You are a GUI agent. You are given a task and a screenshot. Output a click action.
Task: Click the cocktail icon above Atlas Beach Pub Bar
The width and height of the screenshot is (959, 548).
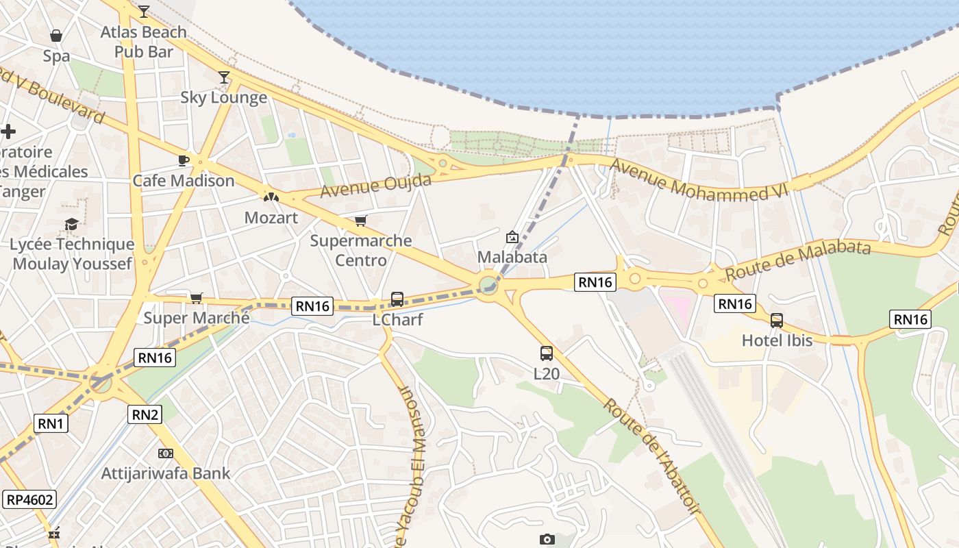143,11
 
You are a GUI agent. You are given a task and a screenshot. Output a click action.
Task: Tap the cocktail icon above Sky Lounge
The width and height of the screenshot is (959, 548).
224,77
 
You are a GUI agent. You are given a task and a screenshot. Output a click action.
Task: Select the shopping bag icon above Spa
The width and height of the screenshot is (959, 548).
56,35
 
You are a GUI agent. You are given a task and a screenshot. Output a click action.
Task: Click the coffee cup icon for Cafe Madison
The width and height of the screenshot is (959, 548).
184,160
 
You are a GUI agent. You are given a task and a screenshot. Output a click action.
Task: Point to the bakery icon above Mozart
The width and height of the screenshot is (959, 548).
271,197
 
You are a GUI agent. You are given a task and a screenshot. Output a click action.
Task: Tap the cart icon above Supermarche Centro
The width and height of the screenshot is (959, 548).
360,221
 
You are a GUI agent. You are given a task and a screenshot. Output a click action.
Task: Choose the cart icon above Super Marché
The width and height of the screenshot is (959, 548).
197,298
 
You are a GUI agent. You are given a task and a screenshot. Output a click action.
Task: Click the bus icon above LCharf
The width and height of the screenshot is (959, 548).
397,299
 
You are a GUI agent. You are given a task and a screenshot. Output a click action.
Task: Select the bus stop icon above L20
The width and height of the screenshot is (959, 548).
546,353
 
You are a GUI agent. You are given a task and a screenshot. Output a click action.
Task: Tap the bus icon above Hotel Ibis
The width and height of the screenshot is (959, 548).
777,320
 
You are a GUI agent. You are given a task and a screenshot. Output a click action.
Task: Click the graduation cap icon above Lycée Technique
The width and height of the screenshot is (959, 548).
71,224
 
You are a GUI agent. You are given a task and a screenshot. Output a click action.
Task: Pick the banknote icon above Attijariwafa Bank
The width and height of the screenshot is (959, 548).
165,453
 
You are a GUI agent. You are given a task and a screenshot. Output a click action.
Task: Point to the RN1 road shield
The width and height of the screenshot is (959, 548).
51,423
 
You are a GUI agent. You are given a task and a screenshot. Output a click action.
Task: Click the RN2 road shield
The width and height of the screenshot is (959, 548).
145,414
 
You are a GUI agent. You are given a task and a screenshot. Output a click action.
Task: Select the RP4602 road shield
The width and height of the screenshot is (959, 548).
29,499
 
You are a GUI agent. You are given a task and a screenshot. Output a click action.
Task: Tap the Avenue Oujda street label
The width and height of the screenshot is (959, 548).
375,185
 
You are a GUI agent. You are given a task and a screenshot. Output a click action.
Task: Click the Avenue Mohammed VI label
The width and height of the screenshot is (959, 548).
699,180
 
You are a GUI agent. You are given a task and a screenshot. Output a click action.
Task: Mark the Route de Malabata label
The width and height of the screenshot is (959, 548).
798,260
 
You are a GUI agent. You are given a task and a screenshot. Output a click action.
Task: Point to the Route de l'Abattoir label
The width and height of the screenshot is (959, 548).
651,456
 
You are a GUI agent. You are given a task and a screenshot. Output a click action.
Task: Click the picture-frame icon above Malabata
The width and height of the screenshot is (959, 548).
512,237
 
